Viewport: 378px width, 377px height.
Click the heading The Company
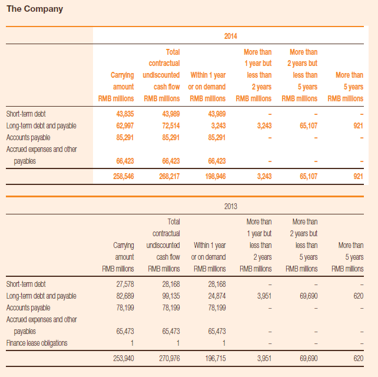pos(35,9)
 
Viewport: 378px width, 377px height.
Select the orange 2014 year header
pos(230,36)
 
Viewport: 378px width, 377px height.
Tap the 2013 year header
pos(230,206)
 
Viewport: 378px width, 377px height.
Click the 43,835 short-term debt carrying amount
pos(125,114)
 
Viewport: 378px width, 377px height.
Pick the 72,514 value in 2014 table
pos(171,125)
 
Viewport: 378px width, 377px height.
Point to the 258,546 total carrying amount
pos(124,176)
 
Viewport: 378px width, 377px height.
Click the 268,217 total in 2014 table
pos(169,176)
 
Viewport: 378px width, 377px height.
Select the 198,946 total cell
pos(215,176)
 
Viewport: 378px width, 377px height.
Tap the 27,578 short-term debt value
pos(125,284)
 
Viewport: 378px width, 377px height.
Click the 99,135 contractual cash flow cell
pos(171,296)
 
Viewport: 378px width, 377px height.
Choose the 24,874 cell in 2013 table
pos(217,296)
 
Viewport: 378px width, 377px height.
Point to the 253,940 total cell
pos(124,358)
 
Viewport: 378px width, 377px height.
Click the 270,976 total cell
pos(169,358)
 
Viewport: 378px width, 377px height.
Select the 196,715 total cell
pos(215,358)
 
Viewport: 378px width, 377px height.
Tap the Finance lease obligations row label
pos(37,343)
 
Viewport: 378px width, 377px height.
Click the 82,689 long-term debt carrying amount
pos(125,296)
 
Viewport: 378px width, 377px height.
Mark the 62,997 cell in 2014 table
pos(125,125)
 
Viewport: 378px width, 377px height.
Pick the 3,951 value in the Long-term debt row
pos(264,296)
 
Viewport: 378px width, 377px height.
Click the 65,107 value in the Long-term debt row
pos(309,125)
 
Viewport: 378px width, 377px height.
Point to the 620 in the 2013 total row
pos(359,358)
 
